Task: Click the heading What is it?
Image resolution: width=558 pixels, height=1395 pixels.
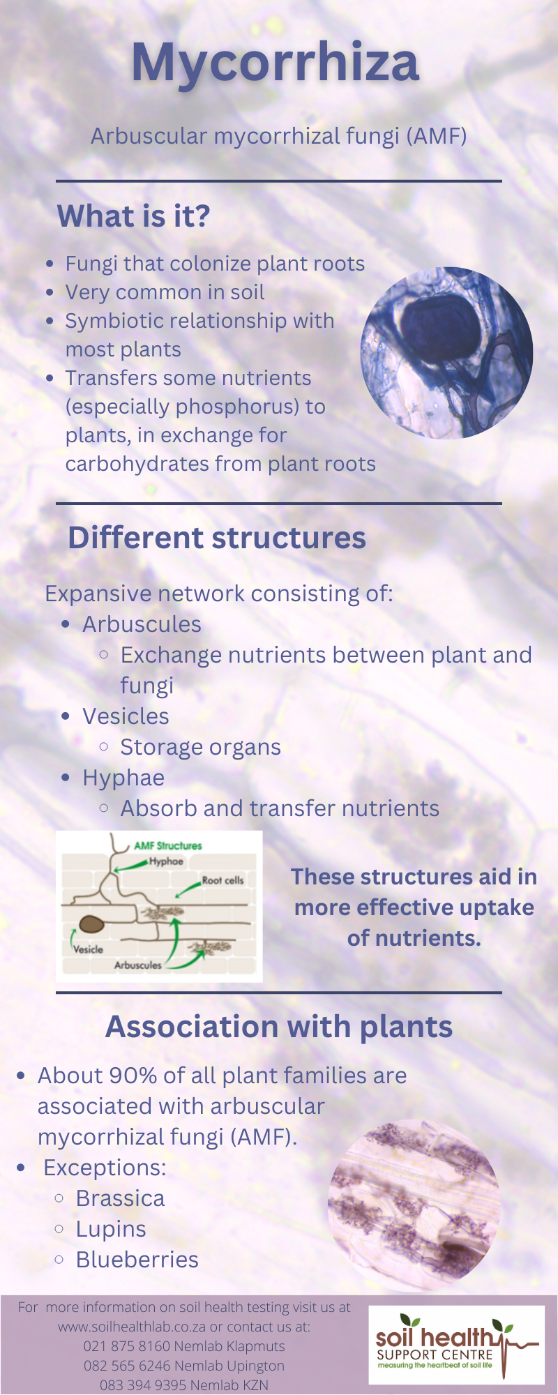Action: (133, 216)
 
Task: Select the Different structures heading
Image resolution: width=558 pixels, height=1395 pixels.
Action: (217, 538)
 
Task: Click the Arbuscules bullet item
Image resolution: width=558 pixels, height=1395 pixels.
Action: (142, 624)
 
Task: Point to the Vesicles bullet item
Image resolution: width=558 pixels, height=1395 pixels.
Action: (126, 716)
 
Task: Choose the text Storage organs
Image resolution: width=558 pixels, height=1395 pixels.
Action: (200, 748)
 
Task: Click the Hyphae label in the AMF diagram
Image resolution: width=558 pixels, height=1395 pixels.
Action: (166, 861)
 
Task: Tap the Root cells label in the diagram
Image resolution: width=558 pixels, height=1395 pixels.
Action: (223, 880)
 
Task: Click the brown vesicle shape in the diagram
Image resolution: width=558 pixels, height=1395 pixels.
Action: (91, 924)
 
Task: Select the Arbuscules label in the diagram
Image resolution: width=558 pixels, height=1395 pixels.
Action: (137, 965)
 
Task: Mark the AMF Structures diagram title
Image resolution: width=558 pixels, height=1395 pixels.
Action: (168, 845)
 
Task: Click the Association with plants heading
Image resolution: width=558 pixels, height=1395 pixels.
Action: (279, 1027)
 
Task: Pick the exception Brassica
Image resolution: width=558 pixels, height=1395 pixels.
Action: (120, 1198)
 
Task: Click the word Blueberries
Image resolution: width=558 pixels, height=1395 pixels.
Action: (137, 1260)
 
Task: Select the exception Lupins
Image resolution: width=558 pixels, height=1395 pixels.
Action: (111, 1229)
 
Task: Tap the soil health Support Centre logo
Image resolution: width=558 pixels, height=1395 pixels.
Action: (456, 1345)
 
